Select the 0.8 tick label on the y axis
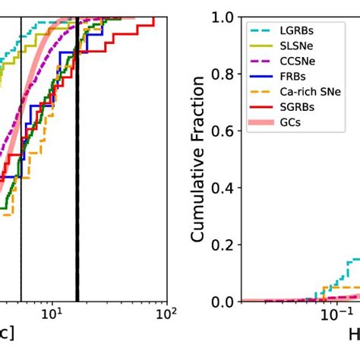[x=225, y=74]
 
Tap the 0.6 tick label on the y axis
[x=225, y=131]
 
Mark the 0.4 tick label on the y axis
[x=225, y=188]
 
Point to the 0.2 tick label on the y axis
[x=225, y=245]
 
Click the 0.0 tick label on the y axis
[x=225, y=302]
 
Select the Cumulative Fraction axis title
[x=199, y=159]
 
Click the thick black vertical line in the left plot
[x=77, y=190]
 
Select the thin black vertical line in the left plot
[x=21, y=190]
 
